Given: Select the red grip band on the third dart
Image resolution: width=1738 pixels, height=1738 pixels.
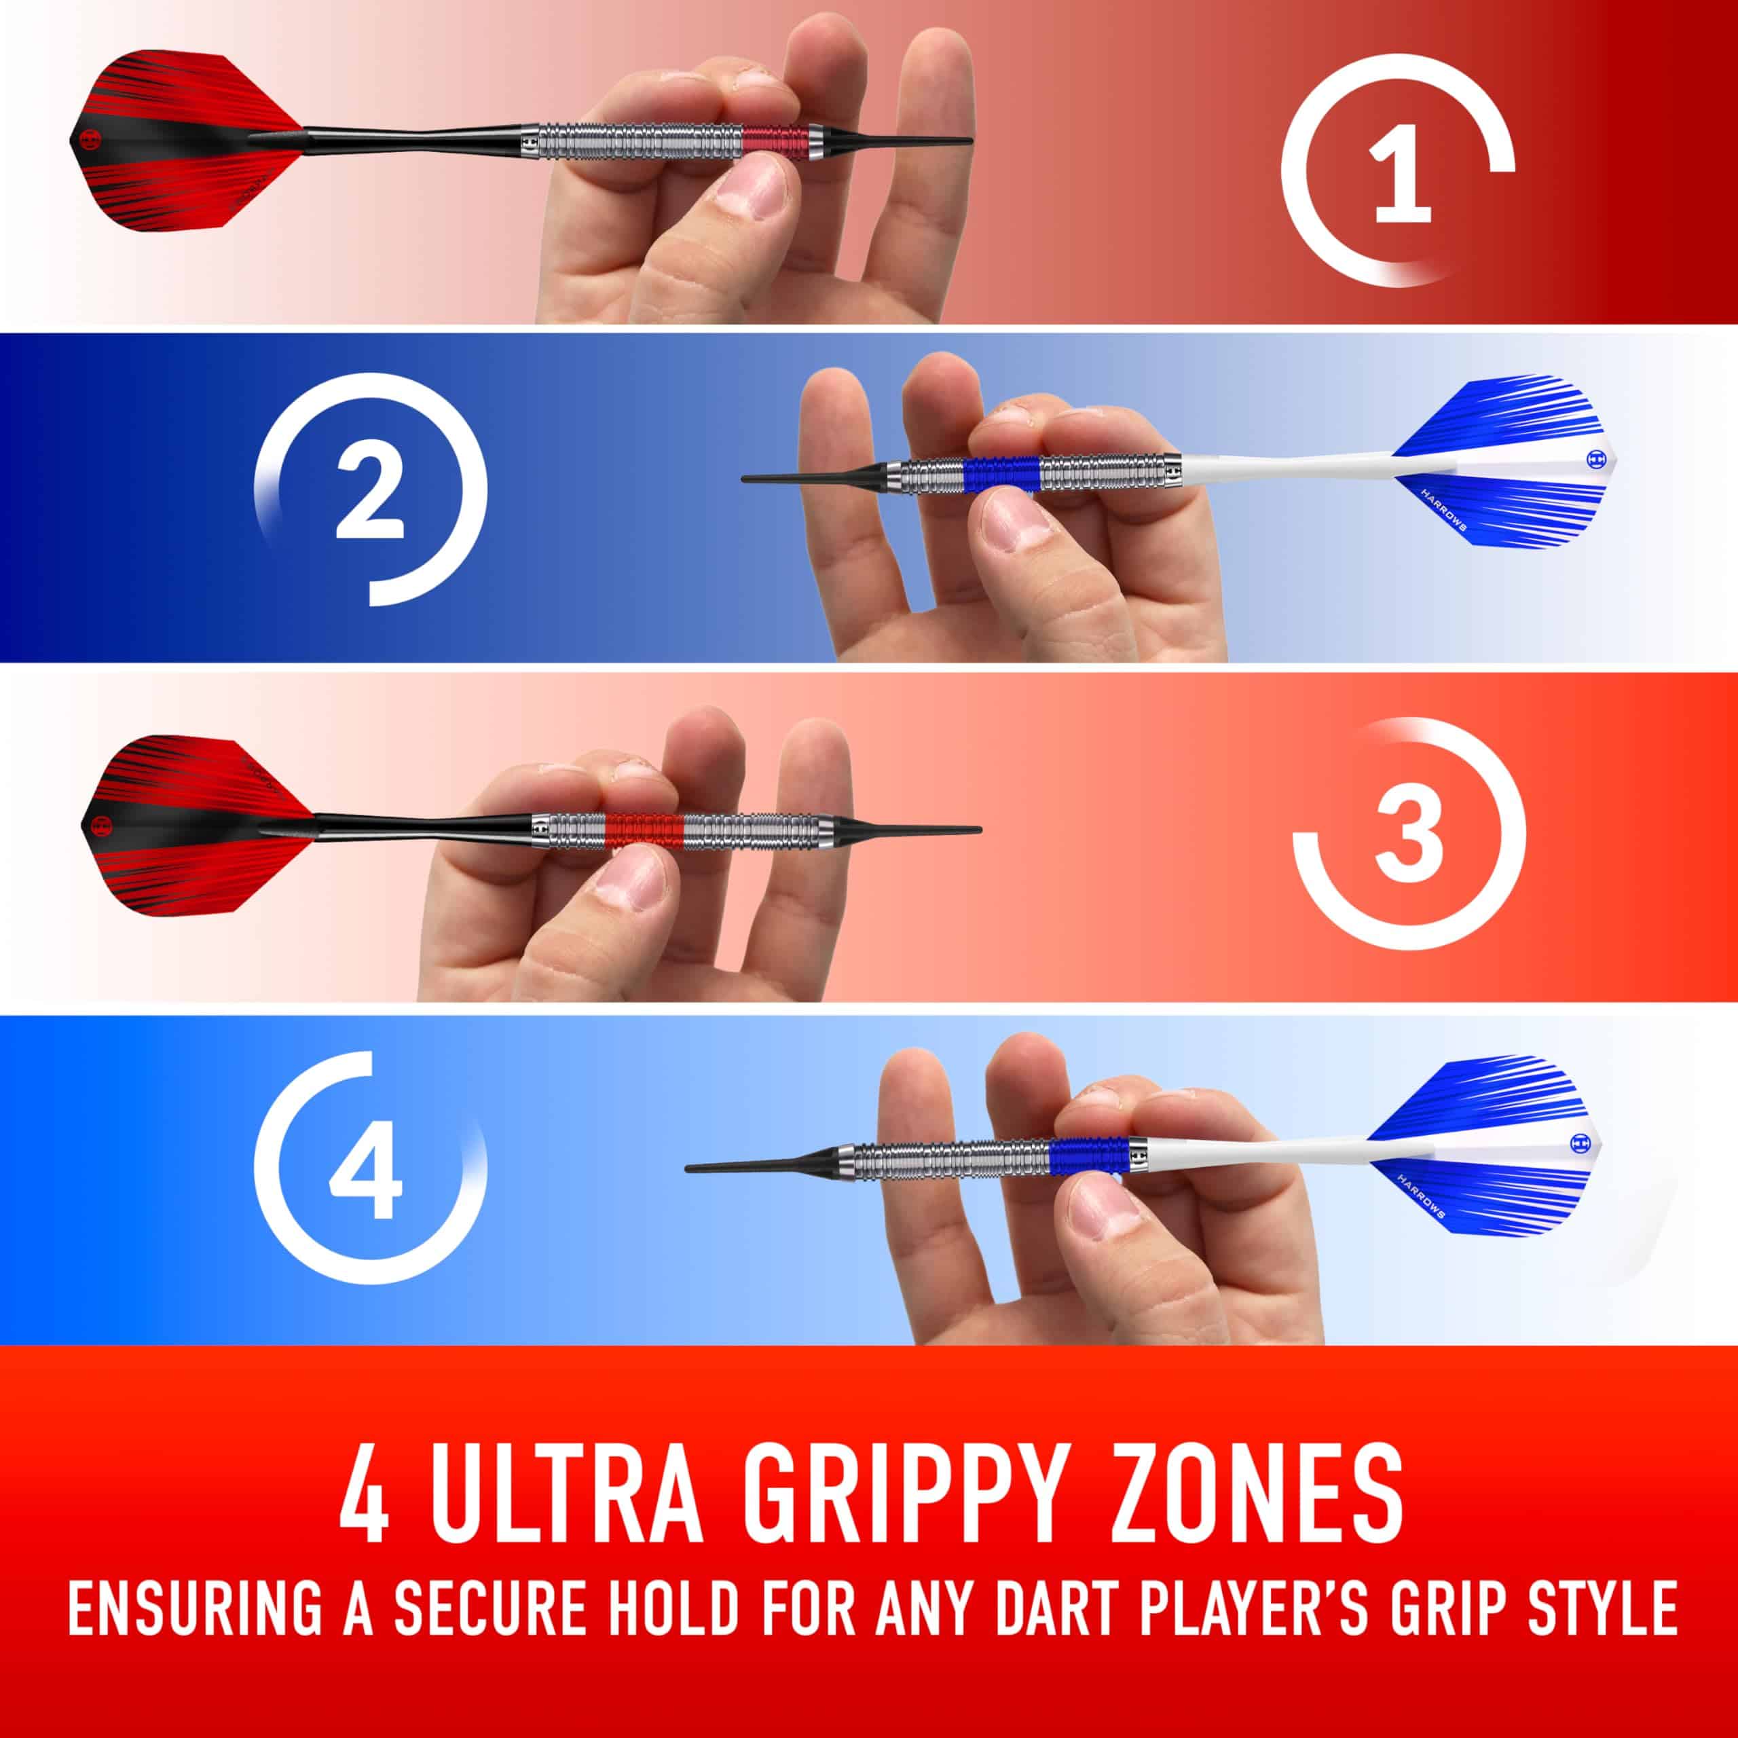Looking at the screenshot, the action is tap(644, 828).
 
